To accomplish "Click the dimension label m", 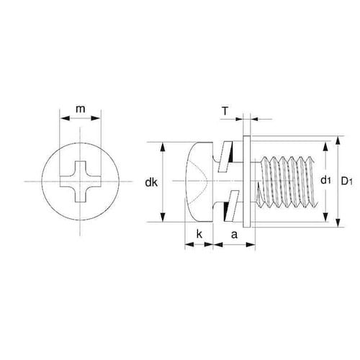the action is [x=81, y=109].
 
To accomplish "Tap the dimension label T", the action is [x=225, y=112].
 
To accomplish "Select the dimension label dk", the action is [x=151, y=183].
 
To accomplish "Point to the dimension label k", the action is [x=199, y=234].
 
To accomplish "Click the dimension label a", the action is [x=234, y=235].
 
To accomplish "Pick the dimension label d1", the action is [x=325, y=179].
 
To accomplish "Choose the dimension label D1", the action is [x=347, y=181].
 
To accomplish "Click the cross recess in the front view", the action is [x=80, y=181].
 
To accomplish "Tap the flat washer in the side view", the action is [x=247, y=181].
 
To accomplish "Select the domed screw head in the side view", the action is [x=199, y=181].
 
